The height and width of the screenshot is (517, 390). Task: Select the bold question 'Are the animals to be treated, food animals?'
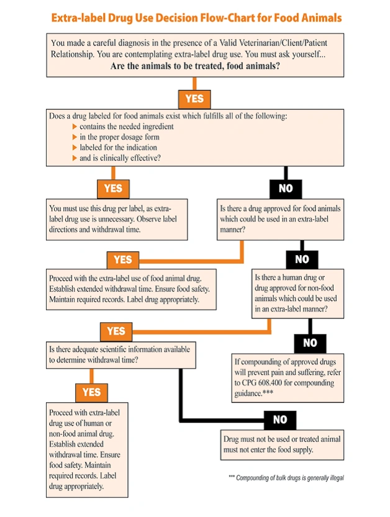pyautogui.click(x=195, y=66)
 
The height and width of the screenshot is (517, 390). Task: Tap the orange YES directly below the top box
pyautogui.click(x=194, y=98)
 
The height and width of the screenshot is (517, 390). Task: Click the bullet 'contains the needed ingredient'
pyautogui.click(x=126, y=127)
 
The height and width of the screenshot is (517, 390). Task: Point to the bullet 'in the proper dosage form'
pyautogui.click(x=119, y=137)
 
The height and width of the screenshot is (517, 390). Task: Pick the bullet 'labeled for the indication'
pyautogui.click(x=118, y=148)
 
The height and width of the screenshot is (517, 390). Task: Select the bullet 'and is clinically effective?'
pyautogui.click(x=120, y=158)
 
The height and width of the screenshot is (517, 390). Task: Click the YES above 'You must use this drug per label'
pyautogui.click(x=113, y=187)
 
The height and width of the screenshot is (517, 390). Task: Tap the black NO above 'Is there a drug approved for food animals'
pyautogui.click(x=285, y=187)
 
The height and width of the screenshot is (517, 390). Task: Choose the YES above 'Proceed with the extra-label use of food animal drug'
pyautogui.click(x=122, y=259)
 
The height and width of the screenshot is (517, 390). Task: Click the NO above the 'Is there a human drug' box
pyautogui.click(x=301, y=259)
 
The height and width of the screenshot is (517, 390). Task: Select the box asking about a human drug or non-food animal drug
pyautogui.click(x=298, y=294)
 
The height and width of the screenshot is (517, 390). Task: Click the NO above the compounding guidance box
pyautogui.click(x=311, y=343)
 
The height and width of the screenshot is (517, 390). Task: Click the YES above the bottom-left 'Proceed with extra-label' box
pyautogui.click(x=91, y=392)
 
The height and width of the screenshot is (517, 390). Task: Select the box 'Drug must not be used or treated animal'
pyautogui.click(x=282, y=444)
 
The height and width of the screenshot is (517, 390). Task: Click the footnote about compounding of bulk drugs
pyautogui.click(x=286, y=478)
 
